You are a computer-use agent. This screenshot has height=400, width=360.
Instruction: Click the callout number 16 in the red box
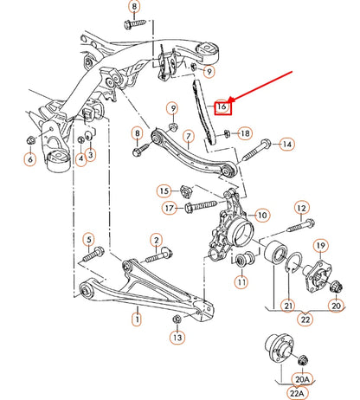click(222, 106)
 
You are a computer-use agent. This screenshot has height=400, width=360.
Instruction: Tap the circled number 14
click(286, 144)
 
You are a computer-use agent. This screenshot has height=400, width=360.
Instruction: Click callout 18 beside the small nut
click(245, 133)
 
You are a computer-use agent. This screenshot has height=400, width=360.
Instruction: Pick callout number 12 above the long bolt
click(301, 207)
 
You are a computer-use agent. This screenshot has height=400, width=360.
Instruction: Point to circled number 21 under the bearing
click(288, 306)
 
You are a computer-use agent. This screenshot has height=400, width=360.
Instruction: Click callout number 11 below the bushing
click(241, 281)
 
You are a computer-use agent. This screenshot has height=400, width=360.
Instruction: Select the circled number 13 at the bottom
click(177, 339)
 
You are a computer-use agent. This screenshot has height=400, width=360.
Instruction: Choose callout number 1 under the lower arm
click(136, 319)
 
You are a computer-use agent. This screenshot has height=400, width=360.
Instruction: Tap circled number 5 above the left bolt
click(87, 238)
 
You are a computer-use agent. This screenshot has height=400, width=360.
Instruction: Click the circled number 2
click(156, 239)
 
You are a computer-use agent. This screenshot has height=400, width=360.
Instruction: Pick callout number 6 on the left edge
click(30, 158)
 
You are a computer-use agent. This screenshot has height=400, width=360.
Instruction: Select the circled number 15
click(164, 190)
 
